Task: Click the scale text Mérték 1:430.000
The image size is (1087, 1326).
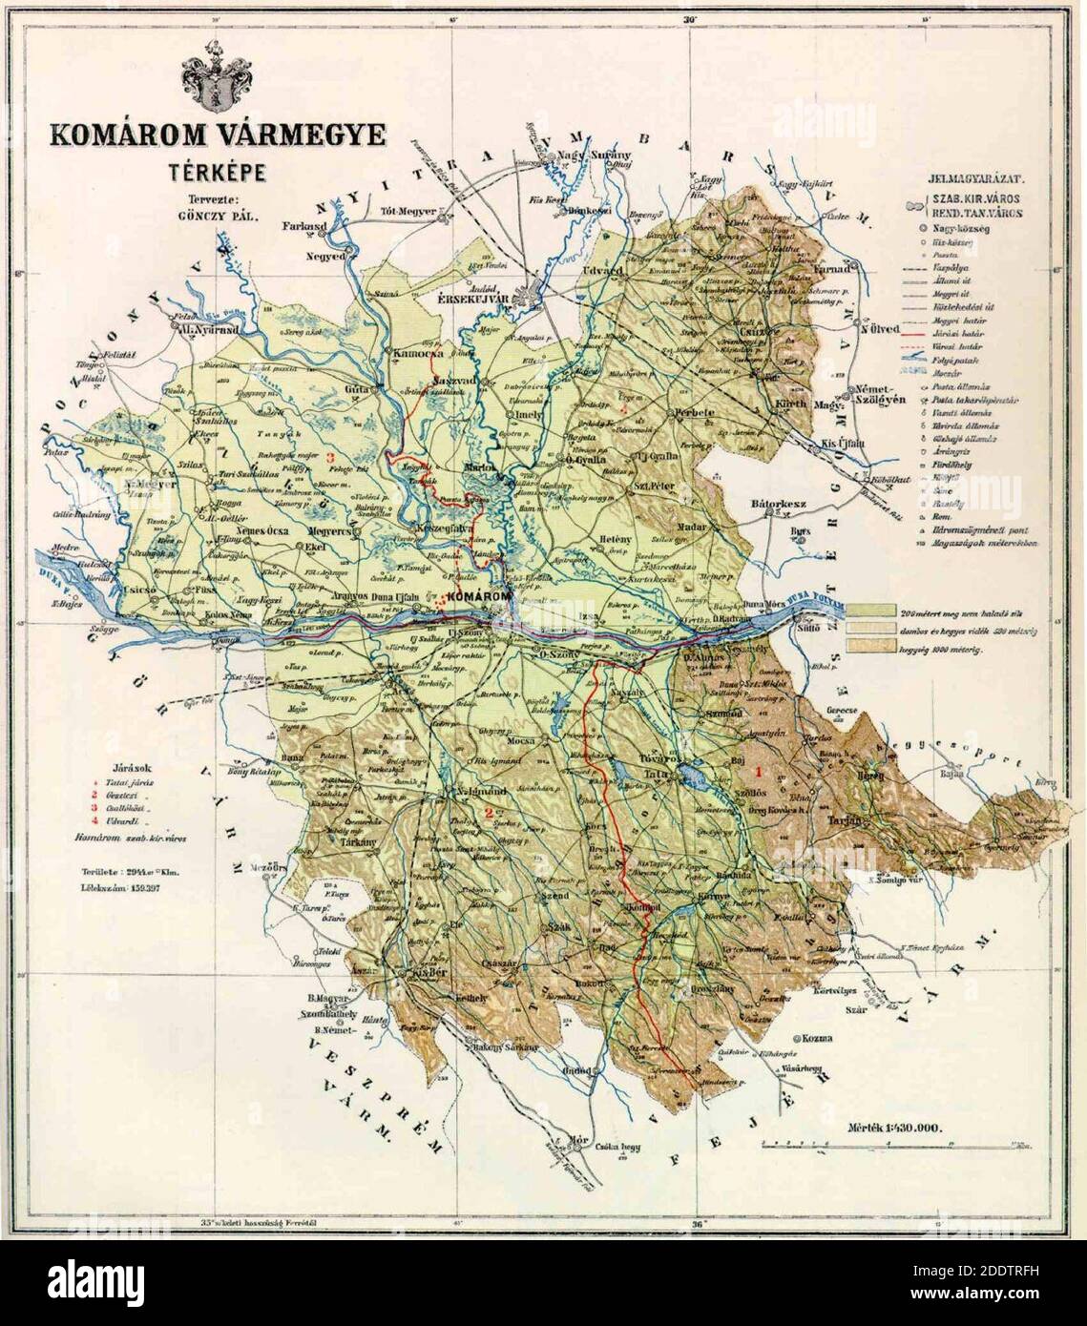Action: point(894,1129)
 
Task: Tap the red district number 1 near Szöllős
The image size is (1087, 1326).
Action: point(760,769)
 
